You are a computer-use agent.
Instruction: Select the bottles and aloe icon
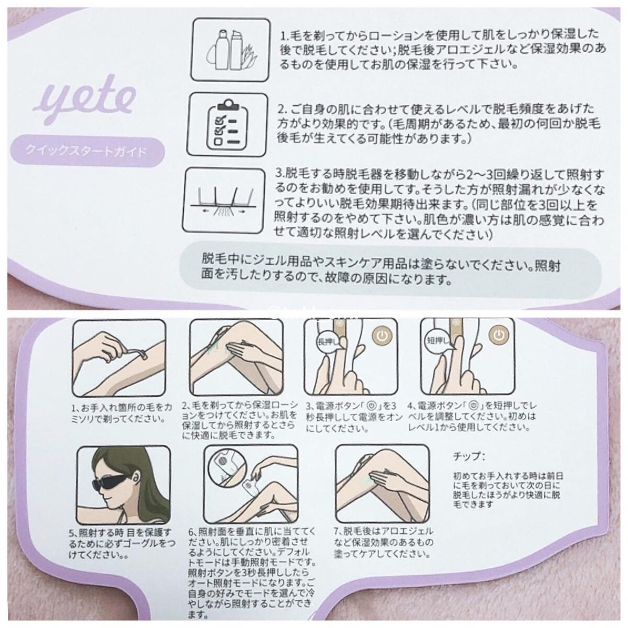click(x=230, y=50)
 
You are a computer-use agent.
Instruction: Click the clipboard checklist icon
click(x=227, y=125)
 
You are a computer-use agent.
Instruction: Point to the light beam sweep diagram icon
click(x=223, y=201)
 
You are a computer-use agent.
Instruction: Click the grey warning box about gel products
click(x=390, y=272)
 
